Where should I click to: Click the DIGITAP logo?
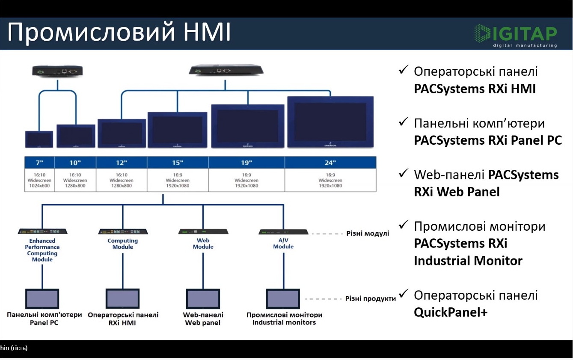[x=515, y=36]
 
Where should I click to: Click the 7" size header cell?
[x=39, y=163]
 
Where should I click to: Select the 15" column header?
[x=178, y=163]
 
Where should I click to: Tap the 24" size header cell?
[x=330, y=163]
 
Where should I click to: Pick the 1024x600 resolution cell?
[x=39, y=186]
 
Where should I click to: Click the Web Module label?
[x=203, y=244]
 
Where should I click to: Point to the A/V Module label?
[x=283, y=244]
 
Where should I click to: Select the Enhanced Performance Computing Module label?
[x=42, y=250]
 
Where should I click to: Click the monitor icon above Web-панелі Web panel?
[x=203, y=298]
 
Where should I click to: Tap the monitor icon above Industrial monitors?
[x=283, y=298]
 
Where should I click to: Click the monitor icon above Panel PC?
[x=42, y=298]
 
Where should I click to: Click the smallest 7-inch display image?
[x=39, y=139]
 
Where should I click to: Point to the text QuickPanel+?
[x=451, y=312]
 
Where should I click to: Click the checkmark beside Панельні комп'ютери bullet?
[x=403, y=122]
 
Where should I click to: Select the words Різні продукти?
[x=370, y=298]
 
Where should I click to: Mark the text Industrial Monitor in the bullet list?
[x=468, y=261]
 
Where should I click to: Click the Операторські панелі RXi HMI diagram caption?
[x=123, y=318]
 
